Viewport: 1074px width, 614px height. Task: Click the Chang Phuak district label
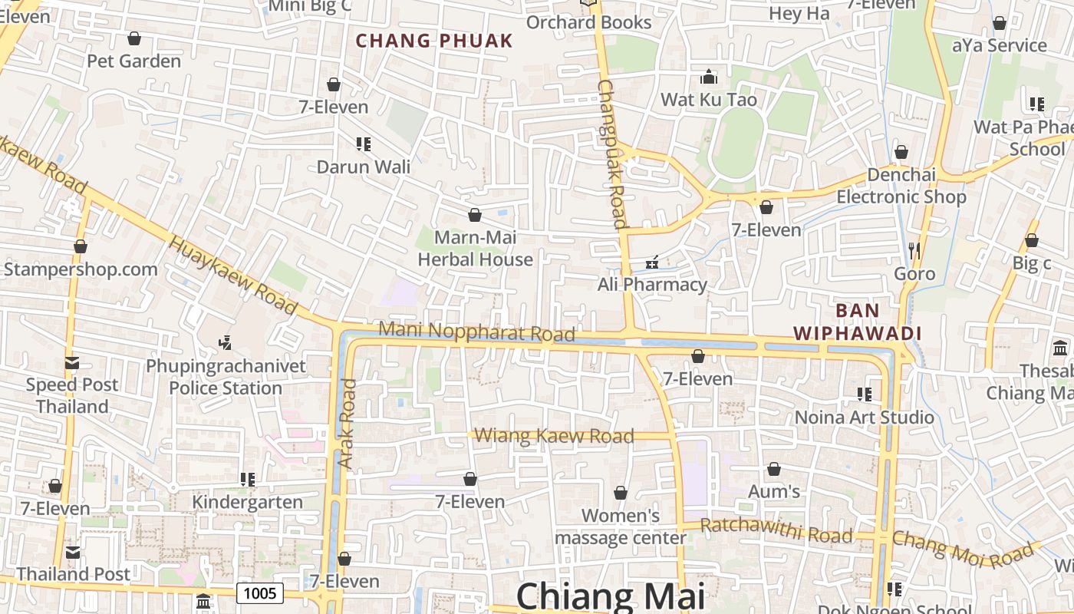[x=434, y=41]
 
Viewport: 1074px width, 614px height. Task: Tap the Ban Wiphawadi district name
[x=857, y=322]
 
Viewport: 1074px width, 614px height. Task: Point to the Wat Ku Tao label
[x=709, y=100]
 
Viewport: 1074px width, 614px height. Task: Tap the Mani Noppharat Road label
[x=476, y=332]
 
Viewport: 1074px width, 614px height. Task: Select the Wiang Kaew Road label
[x=554, y=436]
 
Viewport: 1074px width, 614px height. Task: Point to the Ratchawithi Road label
[x=776, y=530]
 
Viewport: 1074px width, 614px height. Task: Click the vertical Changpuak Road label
[x=614, y=153]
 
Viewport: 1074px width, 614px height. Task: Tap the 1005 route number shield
[x=260, y=593]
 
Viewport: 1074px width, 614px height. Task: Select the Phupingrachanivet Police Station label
[x=226, y=377]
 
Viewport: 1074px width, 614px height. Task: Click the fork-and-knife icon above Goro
[x=914, y=250]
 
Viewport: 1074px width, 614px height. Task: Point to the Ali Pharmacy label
[x=652, y=285]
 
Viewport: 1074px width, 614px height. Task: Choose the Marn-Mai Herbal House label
[x=475, y=249]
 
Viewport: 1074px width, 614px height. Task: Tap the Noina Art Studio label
[x=864, y=418]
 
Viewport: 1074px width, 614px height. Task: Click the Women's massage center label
[x=620, y=527]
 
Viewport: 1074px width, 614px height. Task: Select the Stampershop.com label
[x=81, y=269]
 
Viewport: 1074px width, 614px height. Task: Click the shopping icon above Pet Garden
[x=134, y=38]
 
